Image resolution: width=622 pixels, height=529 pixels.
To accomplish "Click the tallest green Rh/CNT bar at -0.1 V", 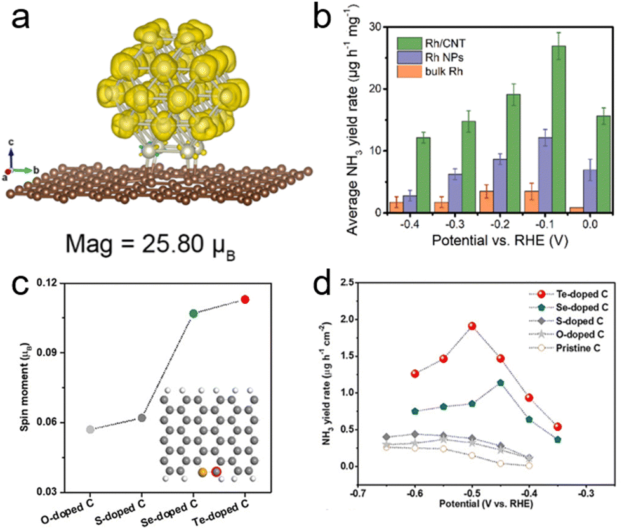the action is [559, 129].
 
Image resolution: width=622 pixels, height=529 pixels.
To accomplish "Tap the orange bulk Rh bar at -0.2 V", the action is [486, 202].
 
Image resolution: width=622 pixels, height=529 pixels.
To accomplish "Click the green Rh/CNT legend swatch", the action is [409, 43].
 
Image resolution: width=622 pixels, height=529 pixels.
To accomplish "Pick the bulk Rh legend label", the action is [444, 72].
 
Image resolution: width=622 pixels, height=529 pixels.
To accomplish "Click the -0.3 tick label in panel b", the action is [454, 224].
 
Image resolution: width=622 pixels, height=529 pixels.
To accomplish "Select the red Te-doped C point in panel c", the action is [245, 299].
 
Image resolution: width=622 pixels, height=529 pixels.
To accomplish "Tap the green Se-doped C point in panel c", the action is [193, 313].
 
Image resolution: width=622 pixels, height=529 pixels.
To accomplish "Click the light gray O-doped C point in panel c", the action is [90, 429].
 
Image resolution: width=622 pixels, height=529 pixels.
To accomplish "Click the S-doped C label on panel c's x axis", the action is [120, 513].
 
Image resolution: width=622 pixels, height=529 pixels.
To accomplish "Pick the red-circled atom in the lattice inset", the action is [216, 471].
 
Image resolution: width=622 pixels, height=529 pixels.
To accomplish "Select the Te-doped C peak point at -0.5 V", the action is [472, 326].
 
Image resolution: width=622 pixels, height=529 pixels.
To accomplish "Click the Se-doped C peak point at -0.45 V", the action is [501, 382].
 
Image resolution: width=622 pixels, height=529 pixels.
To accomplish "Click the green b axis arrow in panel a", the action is [24, 171].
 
